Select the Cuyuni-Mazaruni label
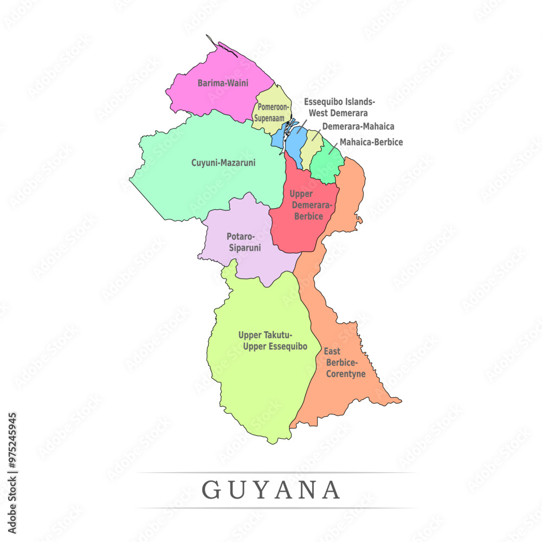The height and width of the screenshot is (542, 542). pos(223,162)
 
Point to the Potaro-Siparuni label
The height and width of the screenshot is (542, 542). pos(243,242)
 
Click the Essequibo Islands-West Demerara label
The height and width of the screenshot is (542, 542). pos(339,107)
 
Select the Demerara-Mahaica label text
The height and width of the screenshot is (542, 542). pos(358,126)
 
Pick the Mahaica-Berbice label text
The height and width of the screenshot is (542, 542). pos(371,142)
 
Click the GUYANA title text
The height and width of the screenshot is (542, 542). pos(271,490)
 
